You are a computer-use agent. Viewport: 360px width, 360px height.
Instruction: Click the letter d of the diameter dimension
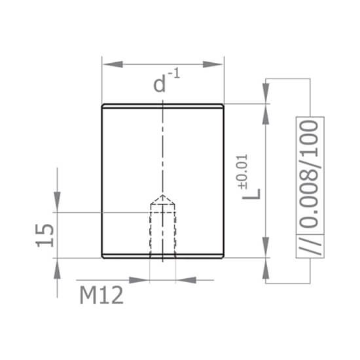[x=159, y=84]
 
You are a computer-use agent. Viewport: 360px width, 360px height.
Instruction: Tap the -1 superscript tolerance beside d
[x=174, y=73]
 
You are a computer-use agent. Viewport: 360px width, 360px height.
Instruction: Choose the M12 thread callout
[x=101, y=296]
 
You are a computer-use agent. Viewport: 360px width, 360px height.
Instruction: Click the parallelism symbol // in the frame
[x=310, y=245]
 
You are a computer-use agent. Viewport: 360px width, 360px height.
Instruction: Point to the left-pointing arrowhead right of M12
[x=186, y=280]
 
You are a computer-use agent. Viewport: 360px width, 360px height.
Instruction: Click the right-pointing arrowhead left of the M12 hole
[x=139, y=280]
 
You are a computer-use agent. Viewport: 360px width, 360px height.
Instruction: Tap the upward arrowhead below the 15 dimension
[x=58, y=267]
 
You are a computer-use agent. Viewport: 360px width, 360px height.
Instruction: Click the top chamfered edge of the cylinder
[x=163, y=105]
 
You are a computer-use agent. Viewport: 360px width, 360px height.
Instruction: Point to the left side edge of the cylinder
[x=102, y=180]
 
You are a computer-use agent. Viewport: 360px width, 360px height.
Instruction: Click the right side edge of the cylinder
[x=225, y=180]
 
